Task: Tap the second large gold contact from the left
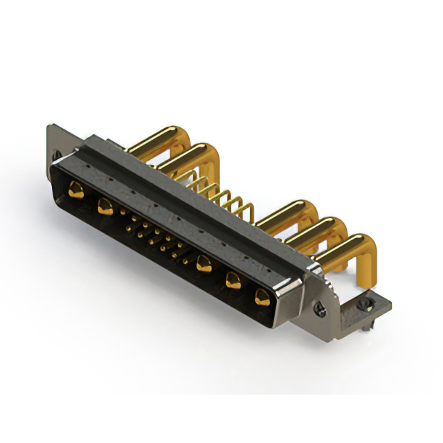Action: (105, 206)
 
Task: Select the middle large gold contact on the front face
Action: (204, 263)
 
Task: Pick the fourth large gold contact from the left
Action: (233, 280)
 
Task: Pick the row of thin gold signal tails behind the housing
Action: (215, 190)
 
